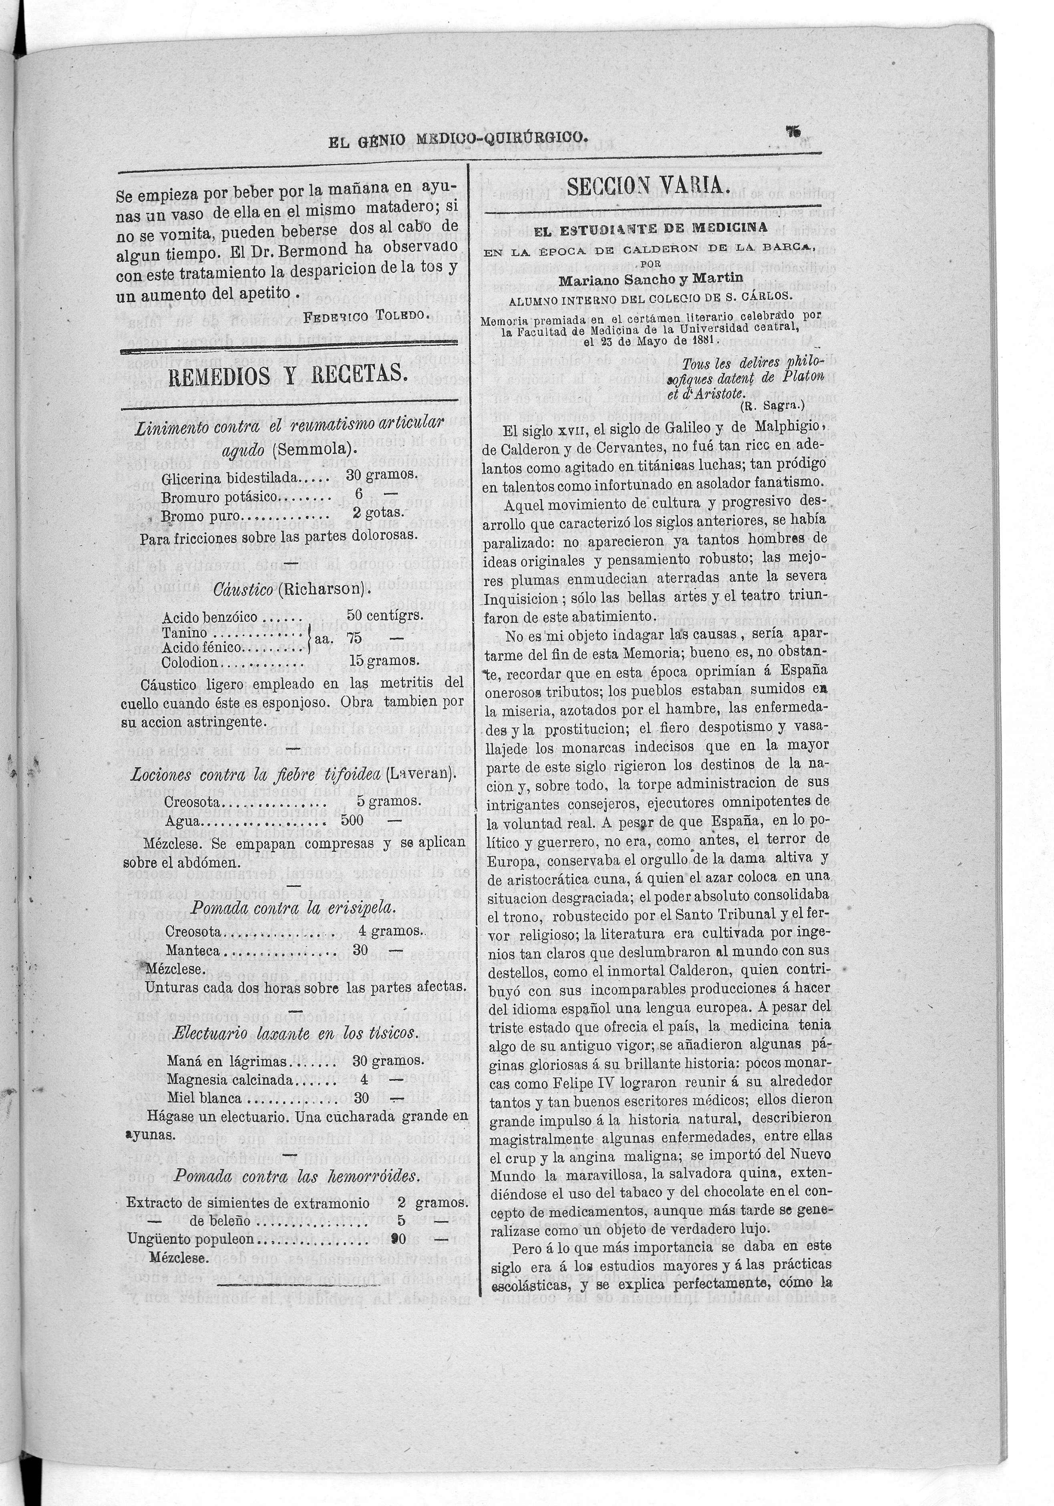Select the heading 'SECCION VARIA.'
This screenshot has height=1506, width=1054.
tap(648, 187)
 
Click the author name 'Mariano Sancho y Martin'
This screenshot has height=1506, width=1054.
tap(651, 278)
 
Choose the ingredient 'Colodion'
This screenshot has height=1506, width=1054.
tap(190, 662)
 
